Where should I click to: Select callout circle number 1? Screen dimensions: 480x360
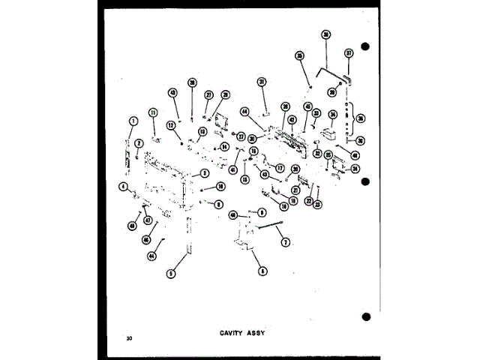(132, 120)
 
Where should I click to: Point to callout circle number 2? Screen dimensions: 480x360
(139, 133)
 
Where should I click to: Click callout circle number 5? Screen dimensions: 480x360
(171, 274)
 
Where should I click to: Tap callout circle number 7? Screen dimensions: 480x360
(285, 241)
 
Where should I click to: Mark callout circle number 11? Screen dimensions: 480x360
(152, 112)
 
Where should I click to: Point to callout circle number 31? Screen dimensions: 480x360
(262, 82)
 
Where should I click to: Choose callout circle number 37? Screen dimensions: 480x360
(348, 53)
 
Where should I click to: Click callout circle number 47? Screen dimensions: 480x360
(148, 220)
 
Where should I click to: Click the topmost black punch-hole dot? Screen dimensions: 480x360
(365, 46)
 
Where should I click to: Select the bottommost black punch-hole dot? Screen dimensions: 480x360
(365, 315)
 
